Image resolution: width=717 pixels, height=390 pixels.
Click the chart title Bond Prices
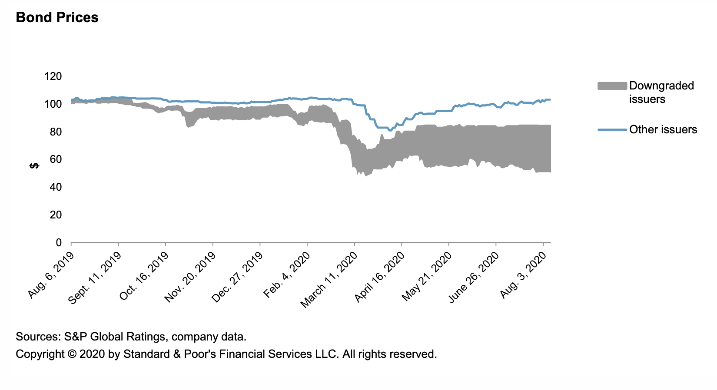tap(57, 17)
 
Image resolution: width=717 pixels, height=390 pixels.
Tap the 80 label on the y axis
tap(55, 132)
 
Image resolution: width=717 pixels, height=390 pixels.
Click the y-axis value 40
tap(55, 187)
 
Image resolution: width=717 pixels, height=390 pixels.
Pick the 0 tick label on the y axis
tap(59, 243)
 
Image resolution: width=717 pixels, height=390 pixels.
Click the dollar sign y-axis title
tap(34, 165)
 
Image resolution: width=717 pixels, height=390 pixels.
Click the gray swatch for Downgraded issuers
tap(612, 86)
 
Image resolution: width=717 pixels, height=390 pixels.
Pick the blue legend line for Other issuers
tap(612, 130)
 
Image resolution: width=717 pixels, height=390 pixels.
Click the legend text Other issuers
tap(663, 130)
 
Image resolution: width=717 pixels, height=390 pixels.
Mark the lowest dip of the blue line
tap(390, 130)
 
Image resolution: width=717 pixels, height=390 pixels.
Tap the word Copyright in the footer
tap(40, 354)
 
